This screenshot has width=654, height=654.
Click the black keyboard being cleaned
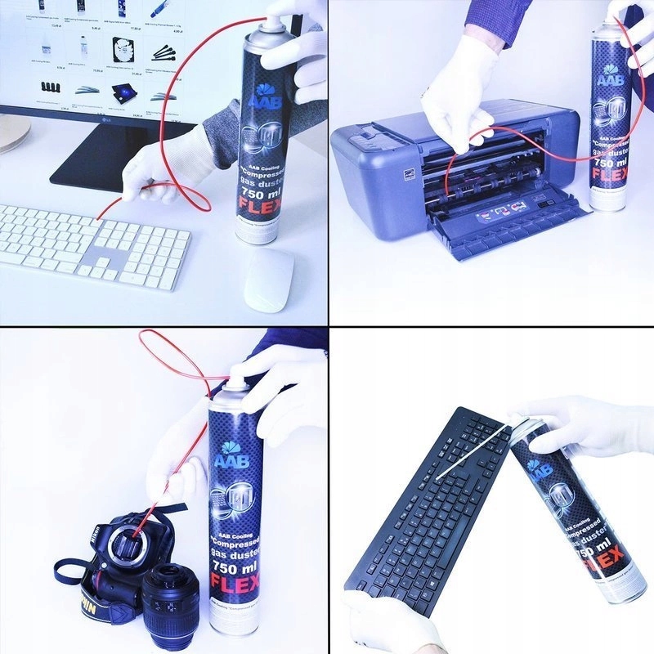[x=425, y=507]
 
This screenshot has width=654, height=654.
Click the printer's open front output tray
[x=507, y=225]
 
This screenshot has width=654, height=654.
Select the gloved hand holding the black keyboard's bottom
[x=388, y=625]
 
